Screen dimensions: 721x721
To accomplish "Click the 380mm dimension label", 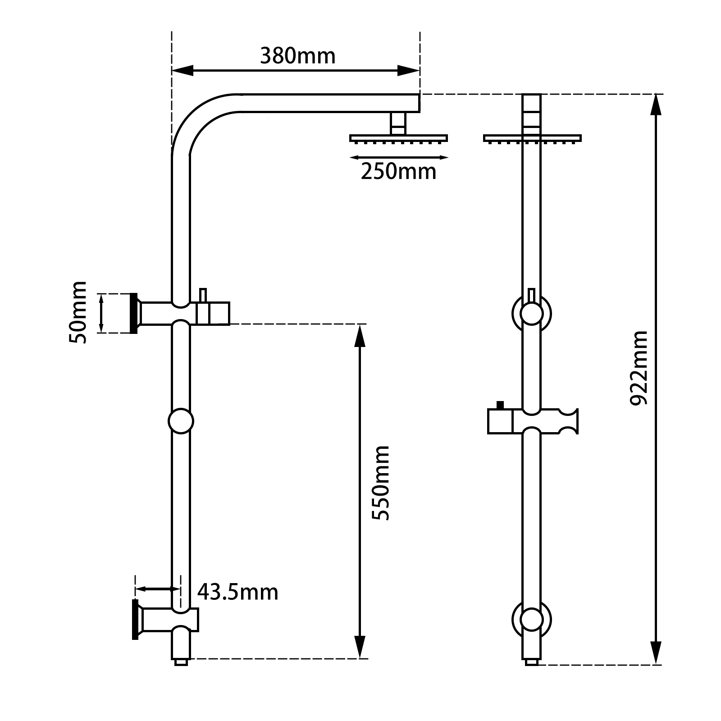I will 298,56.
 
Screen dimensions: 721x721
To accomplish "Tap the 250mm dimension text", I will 398,172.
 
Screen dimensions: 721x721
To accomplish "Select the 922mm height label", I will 639,368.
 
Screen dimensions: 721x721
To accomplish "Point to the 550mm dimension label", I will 380,483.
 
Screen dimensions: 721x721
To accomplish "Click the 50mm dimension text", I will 78,312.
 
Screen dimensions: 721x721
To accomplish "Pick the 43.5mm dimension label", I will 237,592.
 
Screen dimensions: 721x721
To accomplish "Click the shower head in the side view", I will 398,138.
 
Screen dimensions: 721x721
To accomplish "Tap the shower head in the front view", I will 532,138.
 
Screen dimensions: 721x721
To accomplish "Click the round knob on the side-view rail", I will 181,421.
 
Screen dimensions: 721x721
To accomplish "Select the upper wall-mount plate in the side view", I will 133,313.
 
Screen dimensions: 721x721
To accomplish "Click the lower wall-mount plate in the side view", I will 135,620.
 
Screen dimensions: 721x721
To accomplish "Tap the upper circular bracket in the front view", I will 532,313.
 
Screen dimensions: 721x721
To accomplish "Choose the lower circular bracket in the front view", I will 532,620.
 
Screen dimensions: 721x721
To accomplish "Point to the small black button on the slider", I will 499,405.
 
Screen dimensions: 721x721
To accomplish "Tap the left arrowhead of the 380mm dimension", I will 183,70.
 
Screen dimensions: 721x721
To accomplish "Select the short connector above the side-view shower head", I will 398,123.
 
